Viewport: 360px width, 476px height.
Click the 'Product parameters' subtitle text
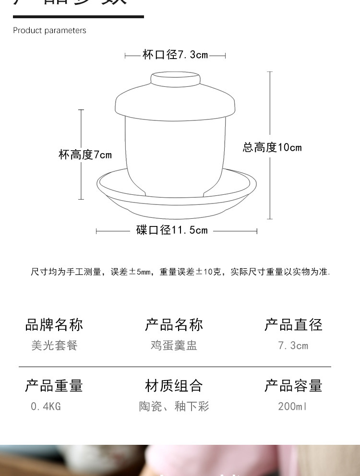(x=49, y=30)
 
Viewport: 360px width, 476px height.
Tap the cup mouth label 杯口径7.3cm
(x=175, y=55)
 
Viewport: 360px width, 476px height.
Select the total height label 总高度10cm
(x=272, y=147)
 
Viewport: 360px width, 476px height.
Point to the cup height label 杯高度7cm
(x=85, y=155)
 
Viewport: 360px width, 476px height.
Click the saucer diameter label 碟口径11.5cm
(x=172, y=230)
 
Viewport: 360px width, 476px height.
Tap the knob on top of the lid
(x=175, y=79)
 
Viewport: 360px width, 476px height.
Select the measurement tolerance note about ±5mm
(x=180, y=272)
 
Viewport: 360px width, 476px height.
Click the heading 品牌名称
(x=54, y=325)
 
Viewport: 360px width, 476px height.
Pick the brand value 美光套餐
(x=54, y=345)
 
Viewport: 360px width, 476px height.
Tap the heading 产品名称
(x=174, y=325)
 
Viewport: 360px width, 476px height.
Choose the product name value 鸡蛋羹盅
(x=174, y=345)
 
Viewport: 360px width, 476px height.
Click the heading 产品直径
(x=293, y=325)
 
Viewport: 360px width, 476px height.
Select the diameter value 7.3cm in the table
(x=293, y=345)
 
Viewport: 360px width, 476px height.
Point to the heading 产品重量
(x=54, y=386)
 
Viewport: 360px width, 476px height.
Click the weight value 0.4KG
(x=46, y=406)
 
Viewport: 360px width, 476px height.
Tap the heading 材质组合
(x=174, y=386)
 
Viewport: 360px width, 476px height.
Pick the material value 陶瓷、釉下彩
(x=174, y=406)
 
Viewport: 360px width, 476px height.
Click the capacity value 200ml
(x=292, y=406)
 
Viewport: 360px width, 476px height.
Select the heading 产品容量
(x=293, y=386)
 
